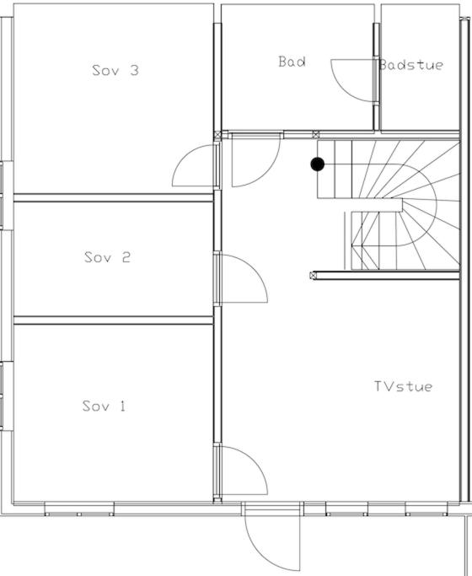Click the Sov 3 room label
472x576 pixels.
tap(115, 70)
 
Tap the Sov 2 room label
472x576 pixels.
tap(107, 256)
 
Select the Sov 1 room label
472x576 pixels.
tap(104, 406)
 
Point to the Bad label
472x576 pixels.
tap(292, 62)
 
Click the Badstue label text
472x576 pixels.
tap(411, 65)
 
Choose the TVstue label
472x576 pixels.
tap(403, 386)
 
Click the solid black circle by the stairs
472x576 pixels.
tap(318, 164)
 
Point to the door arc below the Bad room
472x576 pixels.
tap(268, 173)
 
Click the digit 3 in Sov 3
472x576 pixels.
tap(135, 70)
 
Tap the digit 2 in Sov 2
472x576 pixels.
tap(126, 256)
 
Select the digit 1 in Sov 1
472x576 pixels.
tap(122, 406)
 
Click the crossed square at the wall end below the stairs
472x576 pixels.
tap(313, 275)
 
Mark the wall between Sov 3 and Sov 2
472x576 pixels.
tap(114, 197)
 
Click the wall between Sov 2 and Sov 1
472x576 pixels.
tap(114, 320)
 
